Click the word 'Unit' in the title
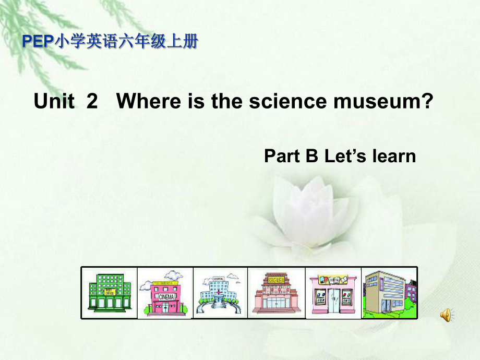coord(54,101)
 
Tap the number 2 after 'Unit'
coord(92,101)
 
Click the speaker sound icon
coord(447,315)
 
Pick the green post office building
coord(109,293)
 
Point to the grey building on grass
coord(389,293)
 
